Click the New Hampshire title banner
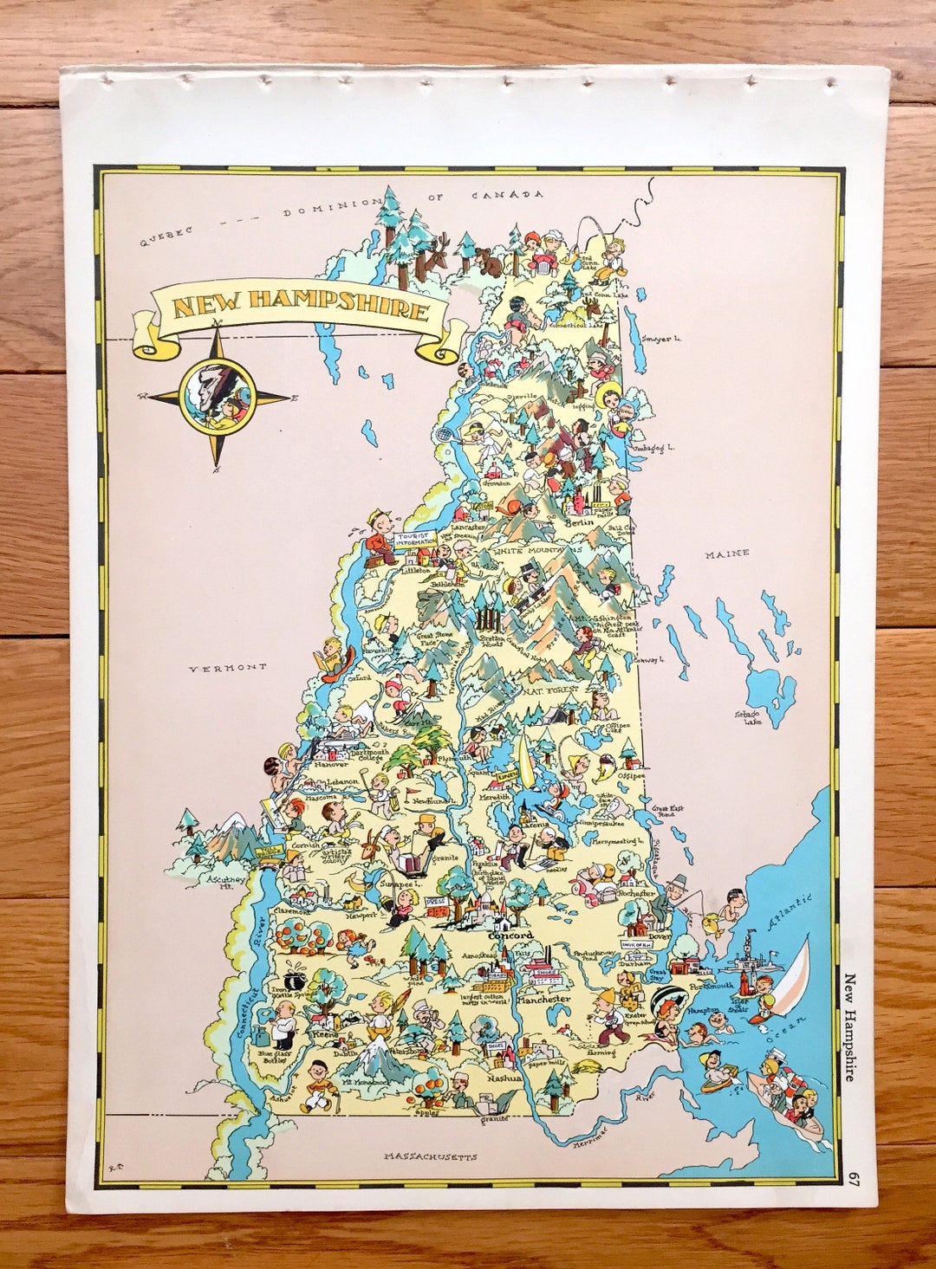click(299, 308)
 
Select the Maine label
click(726, 554)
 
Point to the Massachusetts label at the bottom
click(431, 1156)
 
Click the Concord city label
click(511, 936)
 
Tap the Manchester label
click(543, 999)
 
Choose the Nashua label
click(504, 1078)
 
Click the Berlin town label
click(580, 522)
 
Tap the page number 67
click(855, 1179)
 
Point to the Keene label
click(325, 1034)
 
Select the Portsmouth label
click(711, 986)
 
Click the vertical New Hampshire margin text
click(850, 1027)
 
